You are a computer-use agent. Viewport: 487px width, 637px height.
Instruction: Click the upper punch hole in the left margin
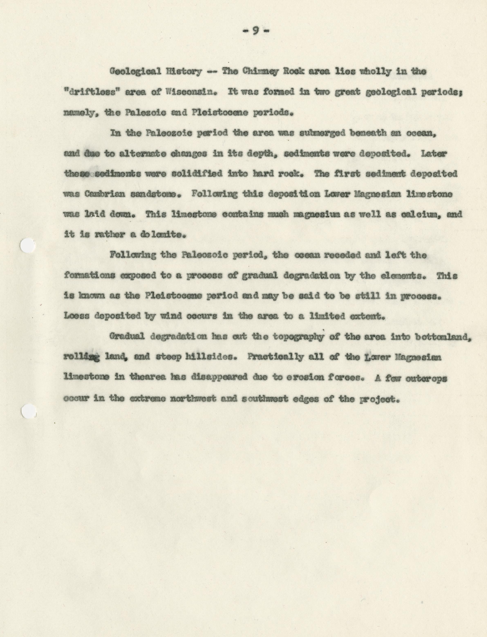[x=28, y=246]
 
